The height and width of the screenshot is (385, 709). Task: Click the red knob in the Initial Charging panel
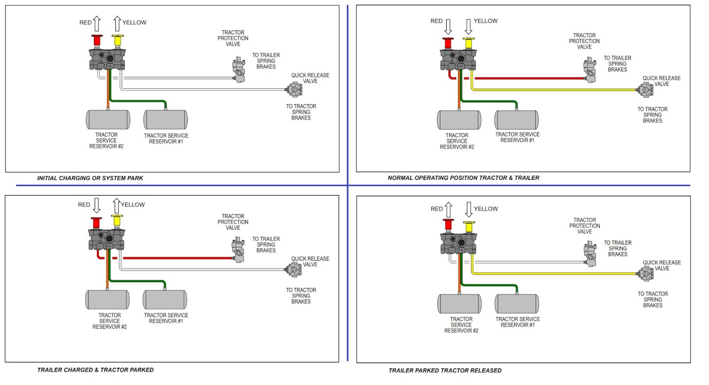click(97, 41)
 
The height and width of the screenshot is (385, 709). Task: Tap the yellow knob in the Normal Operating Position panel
click(469, 43)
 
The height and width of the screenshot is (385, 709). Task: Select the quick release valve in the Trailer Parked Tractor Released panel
click(646, 274)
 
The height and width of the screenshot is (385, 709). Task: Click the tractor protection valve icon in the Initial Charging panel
click(239, 70)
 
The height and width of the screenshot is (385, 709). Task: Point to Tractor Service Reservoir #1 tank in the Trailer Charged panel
click(165, 300)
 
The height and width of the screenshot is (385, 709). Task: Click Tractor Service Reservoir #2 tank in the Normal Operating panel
click(459, 120)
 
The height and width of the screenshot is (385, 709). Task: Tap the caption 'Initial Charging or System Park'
click(90, 178)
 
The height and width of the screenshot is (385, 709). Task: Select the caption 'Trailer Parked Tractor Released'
click(445, 370)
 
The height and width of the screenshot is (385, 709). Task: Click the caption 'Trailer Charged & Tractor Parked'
click(95, 370)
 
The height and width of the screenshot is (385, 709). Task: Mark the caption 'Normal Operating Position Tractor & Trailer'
click(463, 178)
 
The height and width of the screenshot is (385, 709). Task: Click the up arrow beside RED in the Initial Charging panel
click(97, 24)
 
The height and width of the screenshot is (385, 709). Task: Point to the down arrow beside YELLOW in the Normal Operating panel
click(469, 27)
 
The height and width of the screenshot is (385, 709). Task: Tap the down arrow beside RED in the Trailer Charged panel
click(96, 206)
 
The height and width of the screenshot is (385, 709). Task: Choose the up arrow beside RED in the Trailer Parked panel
click(448, 210)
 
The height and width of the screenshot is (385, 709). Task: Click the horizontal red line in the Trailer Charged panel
click(178, 258)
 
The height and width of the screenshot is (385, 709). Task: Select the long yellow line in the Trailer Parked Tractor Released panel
click(555, 273)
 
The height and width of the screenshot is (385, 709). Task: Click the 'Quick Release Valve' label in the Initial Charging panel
click(310, 78)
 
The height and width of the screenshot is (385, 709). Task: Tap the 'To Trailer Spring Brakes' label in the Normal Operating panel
click(617, 64)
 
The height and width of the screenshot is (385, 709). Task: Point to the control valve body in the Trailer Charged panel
click(106, 240)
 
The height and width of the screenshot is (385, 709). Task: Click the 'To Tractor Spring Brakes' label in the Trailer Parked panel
click(653, 299)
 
